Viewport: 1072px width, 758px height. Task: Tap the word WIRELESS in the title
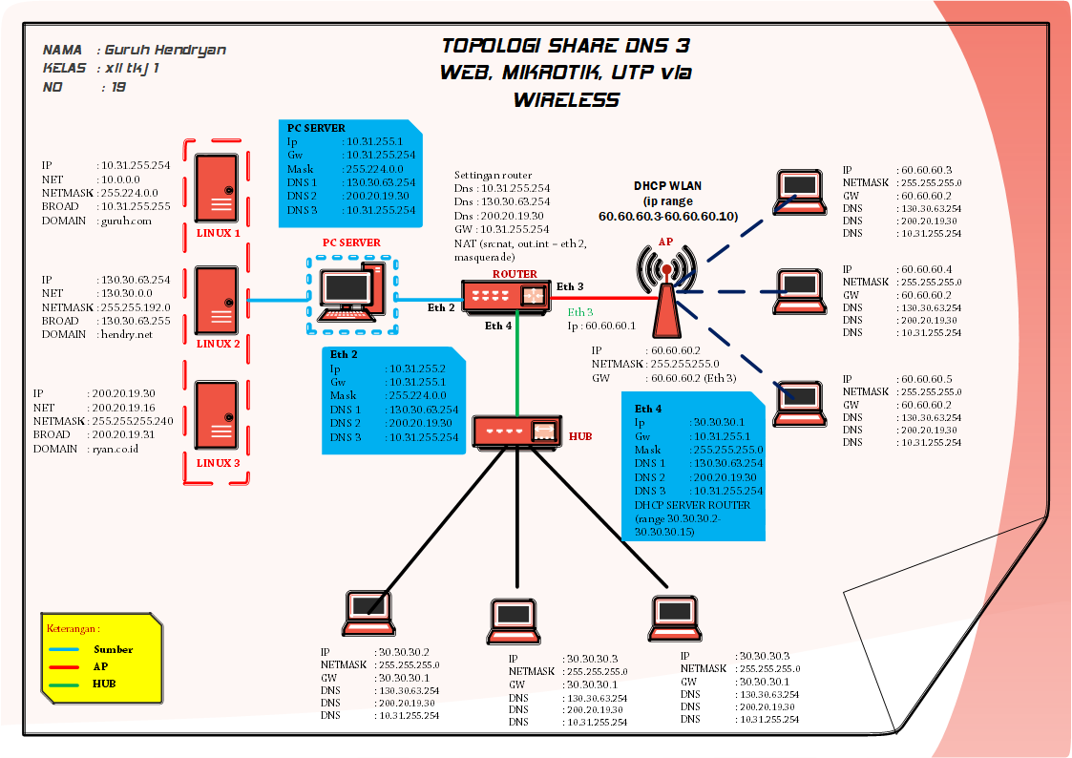tap(566, 99)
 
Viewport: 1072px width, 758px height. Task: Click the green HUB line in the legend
tap(65, 684)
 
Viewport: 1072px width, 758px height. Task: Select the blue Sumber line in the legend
tap(65, 649)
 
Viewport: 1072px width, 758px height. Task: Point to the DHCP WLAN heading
tap(667, 185)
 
